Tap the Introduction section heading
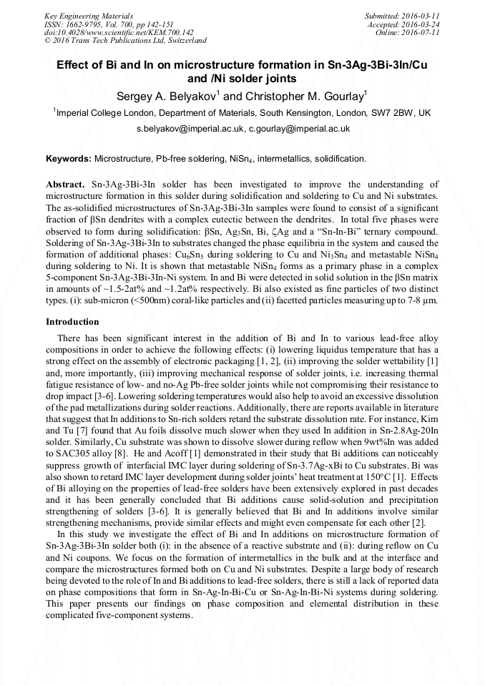[x=72, y=322]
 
